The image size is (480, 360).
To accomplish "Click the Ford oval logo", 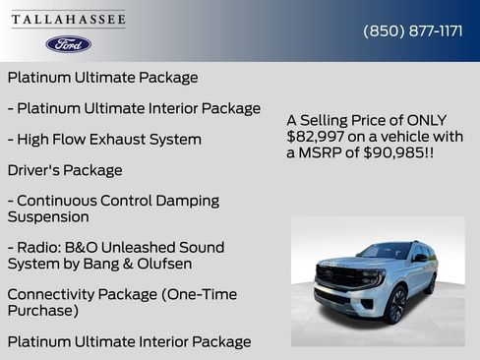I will [x=69, y=44].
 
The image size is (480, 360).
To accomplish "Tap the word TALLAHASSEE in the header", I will [x=69, y=20].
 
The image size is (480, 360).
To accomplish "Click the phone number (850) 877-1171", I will [x=413, y=30].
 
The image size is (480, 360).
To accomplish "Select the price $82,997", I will [x=313, y=136].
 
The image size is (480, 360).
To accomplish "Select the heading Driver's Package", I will [x=65, y=170].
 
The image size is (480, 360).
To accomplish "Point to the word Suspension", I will [x=48, y=216].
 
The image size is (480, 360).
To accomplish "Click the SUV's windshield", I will [x=384, y=252].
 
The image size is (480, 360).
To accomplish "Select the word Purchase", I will [x=40, y=310].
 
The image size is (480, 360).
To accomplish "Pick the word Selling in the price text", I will [x=329, y=119].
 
